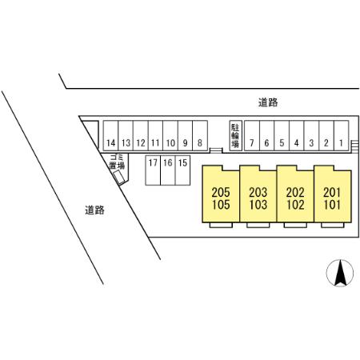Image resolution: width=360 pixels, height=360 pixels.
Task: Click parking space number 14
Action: [x=111, y=136]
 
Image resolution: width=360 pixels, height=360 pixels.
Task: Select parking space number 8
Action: [x=200, y=136]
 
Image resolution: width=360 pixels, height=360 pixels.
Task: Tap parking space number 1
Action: [x=341, y=136]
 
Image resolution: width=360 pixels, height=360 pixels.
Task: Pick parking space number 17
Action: [x=153, y=170]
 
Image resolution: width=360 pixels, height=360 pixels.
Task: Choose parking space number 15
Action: [x=182, y=170]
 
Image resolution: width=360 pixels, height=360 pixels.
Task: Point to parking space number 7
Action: [x=252, y=136]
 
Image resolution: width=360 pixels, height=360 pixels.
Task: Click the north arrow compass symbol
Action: [x=340, y=273]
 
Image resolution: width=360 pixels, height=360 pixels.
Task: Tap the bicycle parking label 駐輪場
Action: [x=235, y=135]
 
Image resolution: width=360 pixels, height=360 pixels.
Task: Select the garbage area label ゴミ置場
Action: [x=117, y=162]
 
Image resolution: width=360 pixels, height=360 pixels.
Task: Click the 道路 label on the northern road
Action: [x=268, y=102]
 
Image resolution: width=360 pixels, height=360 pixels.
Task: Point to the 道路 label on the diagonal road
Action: [x=94, y=210]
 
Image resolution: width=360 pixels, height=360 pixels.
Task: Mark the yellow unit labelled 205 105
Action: [x=221, y=194]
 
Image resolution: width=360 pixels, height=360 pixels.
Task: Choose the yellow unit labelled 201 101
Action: [x=333, y=194]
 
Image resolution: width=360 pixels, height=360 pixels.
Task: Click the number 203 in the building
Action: [x=258, y=192]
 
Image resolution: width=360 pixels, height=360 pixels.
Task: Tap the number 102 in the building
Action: [x=295, y=205]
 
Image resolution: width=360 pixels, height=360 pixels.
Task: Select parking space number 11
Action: [x=155, y=136]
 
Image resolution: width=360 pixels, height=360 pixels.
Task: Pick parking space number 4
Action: [x=297, y=136]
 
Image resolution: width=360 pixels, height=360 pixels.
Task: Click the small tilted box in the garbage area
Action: [x=118, y=177]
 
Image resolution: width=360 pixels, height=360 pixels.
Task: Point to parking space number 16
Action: [x=168, y=170]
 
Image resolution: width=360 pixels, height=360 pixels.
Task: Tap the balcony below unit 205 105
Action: [x=221, y=225]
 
